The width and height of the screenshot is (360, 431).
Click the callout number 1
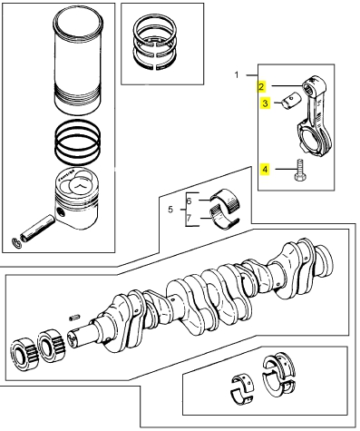click(237, 74)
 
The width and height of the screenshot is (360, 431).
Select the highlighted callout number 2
click(261, 87)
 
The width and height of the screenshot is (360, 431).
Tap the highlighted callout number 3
click(265, 103)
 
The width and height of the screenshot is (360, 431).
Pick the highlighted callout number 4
click(265, 169)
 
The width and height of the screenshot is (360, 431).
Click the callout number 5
click(170, 209)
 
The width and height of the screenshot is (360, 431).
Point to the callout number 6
click(189, 201)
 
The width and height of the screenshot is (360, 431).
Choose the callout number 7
click(189, 218)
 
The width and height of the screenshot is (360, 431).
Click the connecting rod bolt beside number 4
click(298, 171)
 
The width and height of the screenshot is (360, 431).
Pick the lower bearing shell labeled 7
click(224, 216)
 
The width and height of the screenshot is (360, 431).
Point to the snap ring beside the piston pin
click(16, 243)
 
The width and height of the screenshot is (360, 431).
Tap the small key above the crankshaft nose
click(74, 318)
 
